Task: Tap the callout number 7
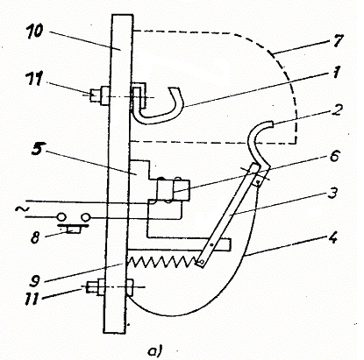coord(337,41)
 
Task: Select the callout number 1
coord(337,72)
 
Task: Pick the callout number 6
coord(334,156)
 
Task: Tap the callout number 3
coord(332,194)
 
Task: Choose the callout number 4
coord(332,238)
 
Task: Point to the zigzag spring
coord(162,260)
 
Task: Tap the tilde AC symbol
coord(20,209)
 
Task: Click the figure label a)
coord(154,350)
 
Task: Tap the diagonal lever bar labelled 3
coord(228,215)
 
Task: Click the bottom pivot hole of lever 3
coord(202,264)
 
